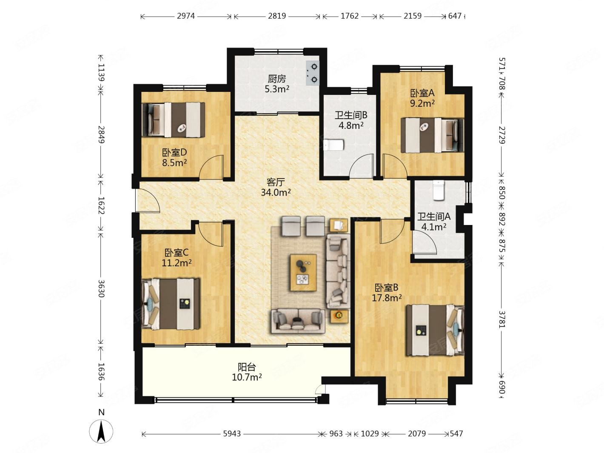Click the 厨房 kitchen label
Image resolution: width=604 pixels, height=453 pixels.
(x=277, y=79)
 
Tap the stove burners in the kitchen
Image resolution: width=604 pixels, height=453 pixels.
(x=313, y=73)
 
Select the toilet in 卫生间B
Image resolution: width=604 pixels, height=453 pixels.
(x=334, y=145)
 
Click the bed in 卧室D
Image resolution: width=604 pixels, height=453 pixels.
(x=174, y=120)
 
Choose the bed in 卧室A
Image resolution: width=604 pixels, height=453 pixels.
(x=432, y=135)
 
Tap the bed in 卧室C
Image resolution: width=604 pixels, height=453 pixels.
(x=171, y=304)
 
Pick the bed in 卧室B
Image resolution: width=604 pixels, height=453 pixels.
(x=435, y=330)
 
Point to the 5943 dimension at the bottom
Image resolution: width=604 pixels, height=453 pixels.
(x=232, y=434)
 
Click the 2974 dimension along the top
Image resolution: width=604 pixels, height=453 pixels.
(x=186, y=16)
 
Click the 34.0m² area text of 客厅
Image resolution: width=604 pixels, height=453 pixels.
(x=276, y=192)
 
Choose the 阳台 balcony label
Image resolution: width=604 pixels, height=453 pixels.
(x=247, y=367)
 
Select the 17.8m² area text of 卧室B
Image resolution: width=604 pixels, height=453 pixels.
(x=387, y=298)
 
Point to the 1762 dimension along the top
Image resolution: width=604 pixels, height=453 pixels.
(x=350, y=16)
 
